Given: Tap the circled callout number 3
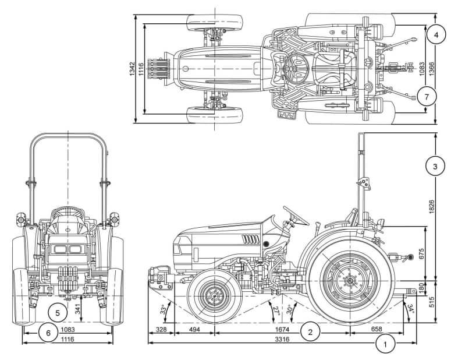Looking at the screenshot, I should (x=435, y=167).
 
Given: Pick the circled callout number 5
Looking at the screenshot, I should (x=58, y=312).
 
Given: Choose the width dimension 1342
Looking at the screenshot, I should (x=133, y=69).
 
